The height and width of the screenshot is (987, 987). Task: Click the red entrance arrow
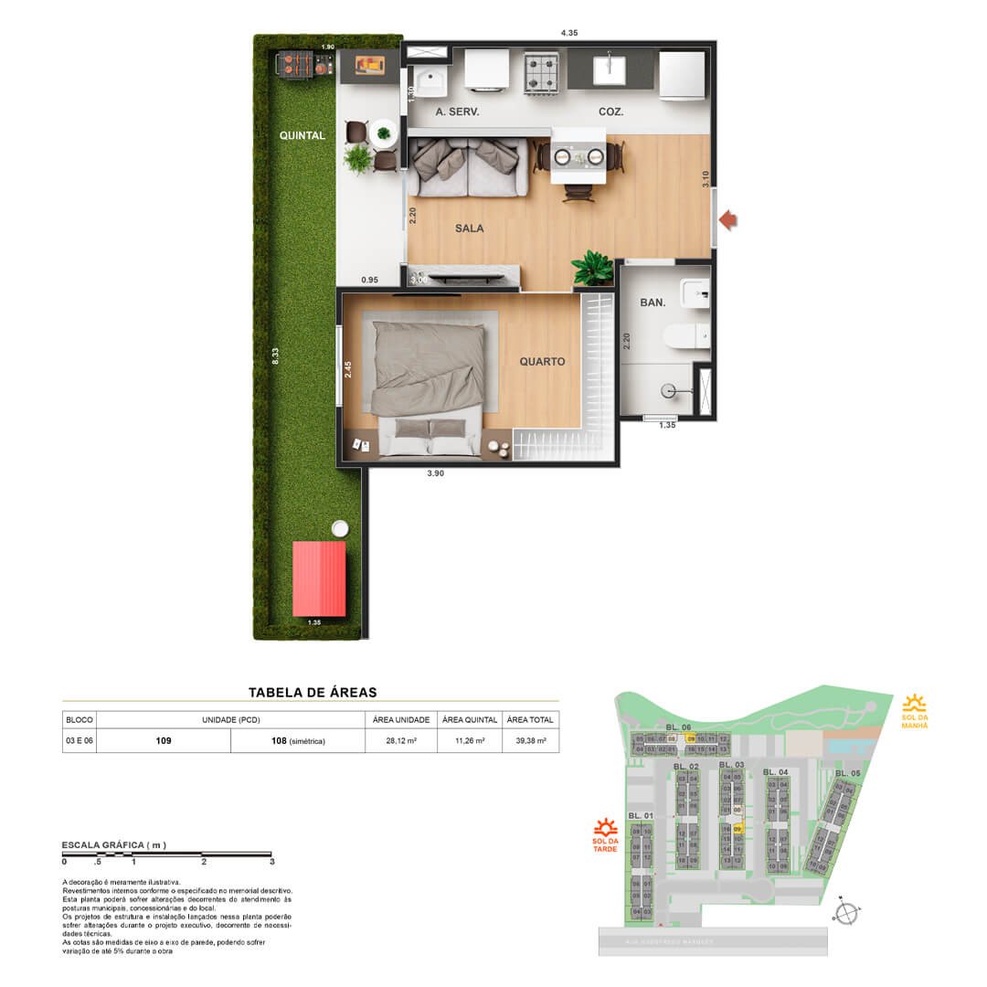tap(728, 219)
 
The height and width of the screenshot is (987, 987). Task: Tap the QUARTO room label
tap(542, 362)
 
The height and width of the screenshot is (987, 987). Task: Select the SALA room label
tap(469, 228)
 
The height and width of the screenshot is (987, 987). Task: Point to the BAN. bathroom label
tap(652, 302)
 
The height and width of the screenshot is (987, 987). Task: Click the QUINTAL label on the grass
tap(302, 136)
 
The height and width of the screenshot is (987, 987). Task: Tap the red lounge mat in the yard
tap(320, 578)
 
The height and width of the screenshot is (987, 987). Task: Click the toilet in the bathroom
tap(686, 335)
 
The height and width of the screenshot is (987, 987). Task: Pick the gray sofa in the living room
tap(467, 166)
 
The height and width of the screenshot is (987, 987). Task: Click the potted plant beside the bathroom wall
tap(592, 269)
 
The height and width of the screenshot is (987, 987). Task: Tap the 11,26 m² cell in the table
tap(470, 741)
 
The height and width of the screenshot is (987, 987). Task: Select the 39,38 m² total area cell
tap(530, 741)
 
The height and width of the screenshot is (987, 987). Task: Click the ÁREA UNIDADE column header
tap(401, 720)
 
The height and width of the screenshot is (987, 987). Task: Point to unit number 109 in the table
tap(163, 741)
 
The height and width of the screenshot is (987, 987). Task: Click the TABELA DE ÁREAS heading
tap(313, 693)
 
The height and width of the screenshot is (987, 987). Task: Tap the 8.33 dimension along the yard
tap(275, 357)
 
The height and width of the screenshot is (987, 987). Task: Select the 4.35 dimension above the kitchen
tap(569, 33)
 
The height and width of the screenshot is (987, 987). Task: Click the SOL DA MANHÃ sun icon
tap(914, 704)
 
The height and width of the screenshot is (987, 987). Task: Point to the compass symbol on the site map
tap(847, 912)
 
